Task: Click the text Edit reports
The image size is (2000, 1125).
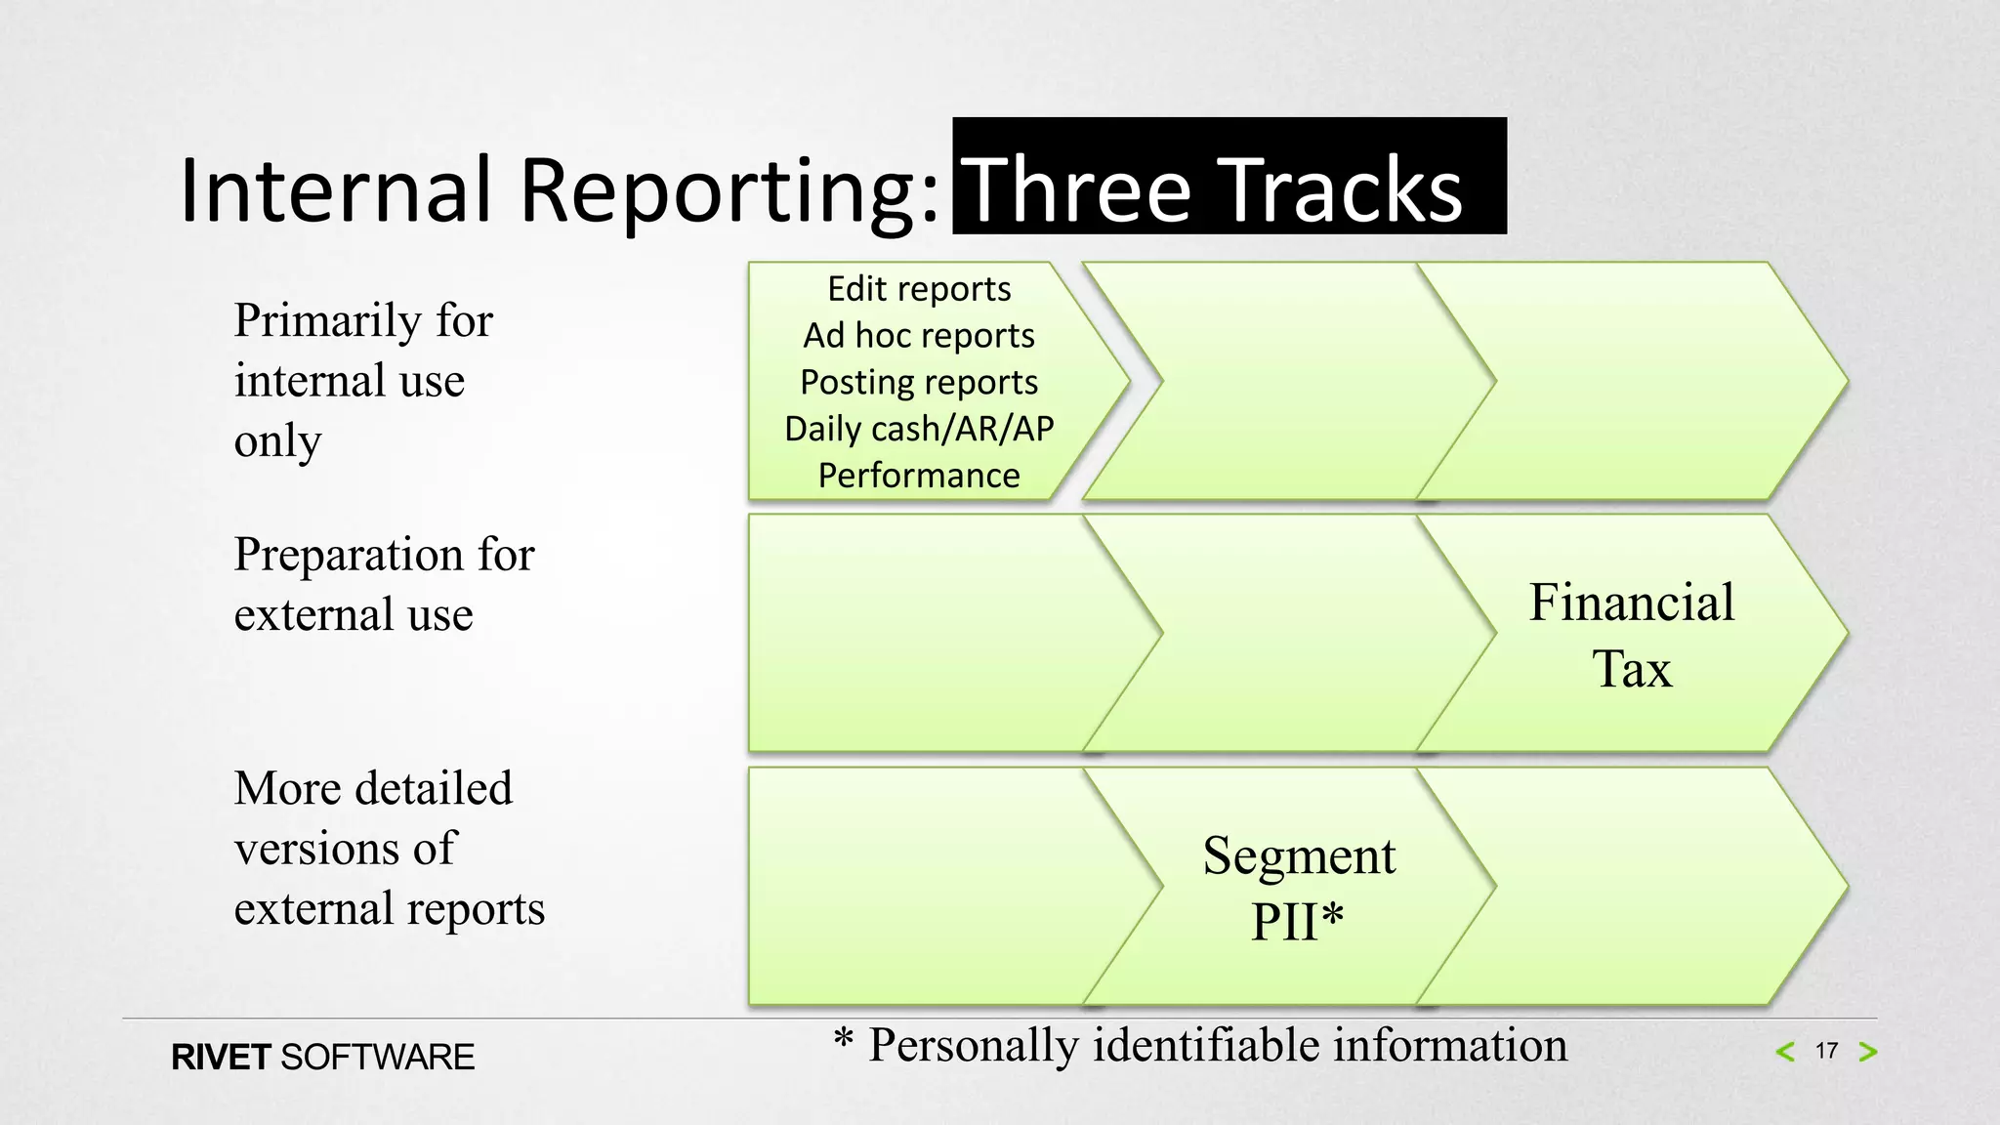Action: (x=919, y=289)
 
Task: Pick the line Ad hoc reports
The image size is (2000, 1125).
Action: (x=919, y=336)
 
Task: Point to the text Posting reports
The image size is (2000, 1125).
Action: (x=919, y=382)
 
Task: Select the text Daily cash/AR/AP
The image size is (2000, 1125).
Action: (x=919, y=429)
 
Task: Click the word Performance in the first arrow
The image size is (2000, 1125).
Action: (x=919, y=476)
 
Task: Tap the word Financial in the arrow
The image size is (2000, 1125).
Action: (x=1632, y=602)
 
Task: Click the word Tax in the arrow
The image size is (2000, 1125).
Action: (x=1632, y=669)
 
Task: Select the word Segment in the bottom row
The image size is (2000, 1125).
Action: (x=1299, y=855)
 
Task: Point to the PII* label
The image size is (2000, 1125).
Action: (x=1298, y=921)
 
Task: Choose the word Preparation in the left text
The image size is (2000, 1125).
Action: (x=349, y=556)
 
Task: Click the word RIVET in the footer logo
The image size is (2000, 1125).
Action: (x=221, y=1058)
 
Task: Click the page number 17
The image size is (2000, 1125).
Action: (x=1826, y=1051)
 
